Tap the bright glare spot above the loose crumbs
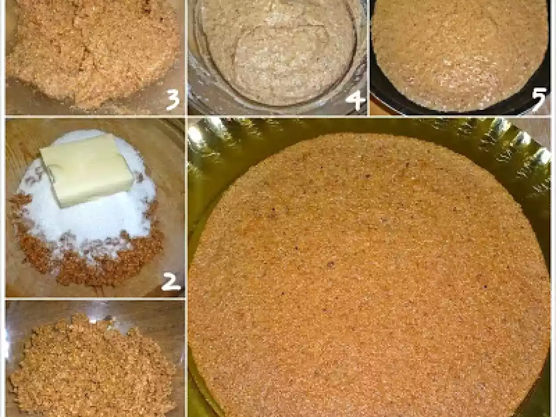coord(93,321)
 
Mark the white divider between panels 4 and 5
coord(368,58)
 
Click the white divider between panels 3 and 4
coord(186,58)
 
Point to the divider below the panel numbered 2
coord(95,299)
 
